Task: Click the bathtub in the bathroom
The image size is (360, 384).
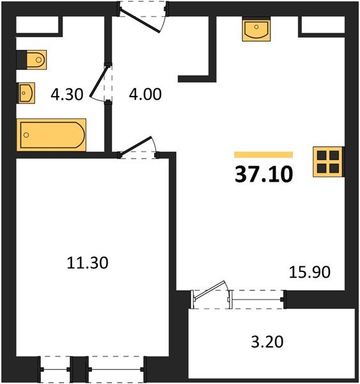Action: tap(52, 135)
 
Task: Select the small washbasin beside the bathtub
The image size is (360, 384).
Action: tap(26, 93)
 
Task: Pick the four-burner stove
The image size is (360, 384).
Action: tap(329, 162)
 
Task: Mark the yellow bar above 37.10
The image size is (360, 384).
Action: tap(263, 154)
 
